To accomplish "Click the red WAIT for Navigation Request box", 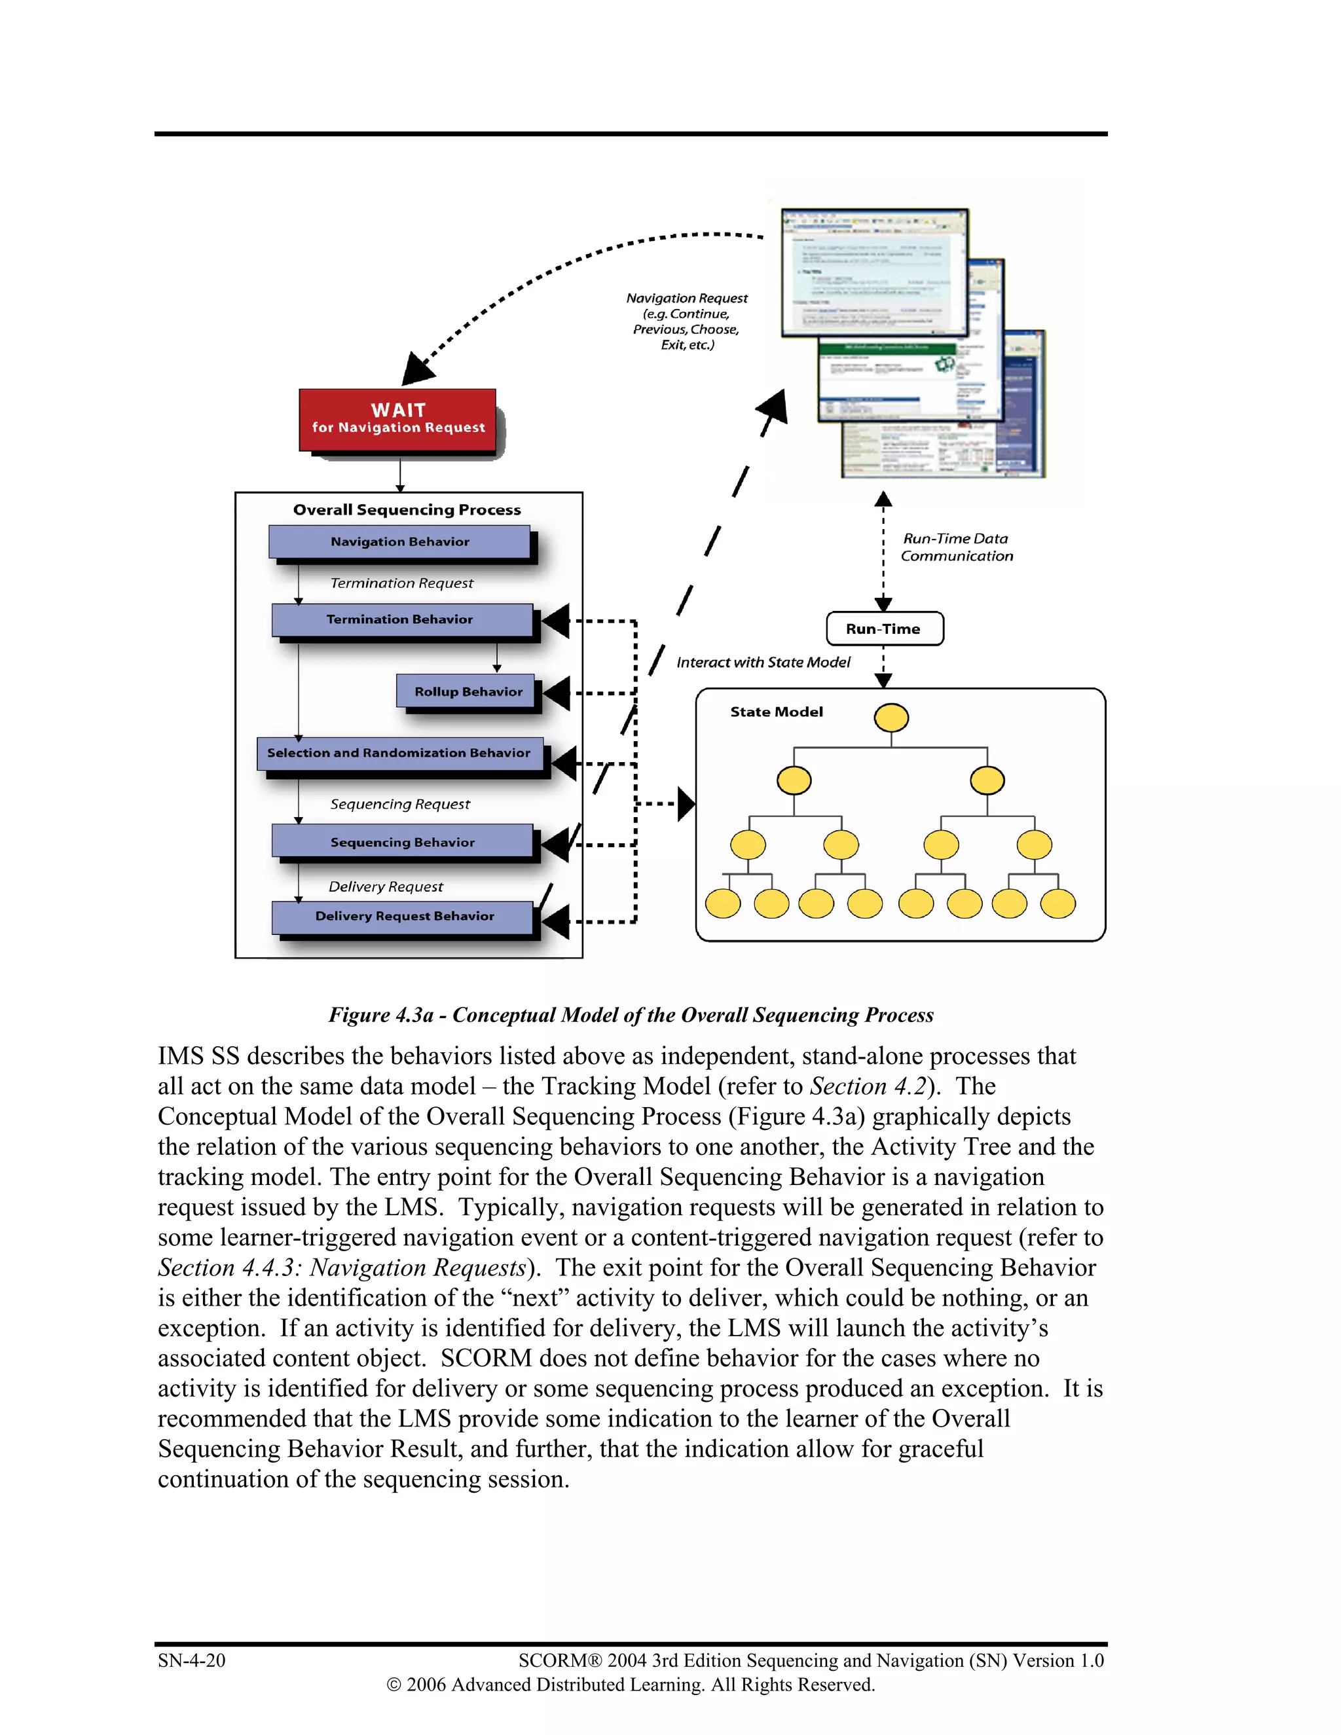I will tap(397, 420).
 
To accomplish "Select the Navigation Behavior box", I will tap(399, 542).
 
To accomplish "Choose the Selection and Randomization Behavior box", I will tap(399, 753).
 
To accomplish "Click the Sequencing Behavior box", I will tap(402, 842).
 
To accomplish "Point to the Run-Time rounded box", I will tap(884, 629).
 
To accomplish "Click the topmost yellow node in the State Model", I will tap(891, 718).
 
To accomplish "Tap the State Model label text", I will tap(776, 712).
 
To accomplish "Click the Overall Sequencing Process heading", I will tap(407, 510).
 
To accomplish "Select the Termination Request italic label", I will tap(401, 583).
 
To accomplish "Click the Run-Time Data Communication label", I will tap(956, 547).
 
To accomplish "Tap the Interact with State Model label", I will tap(763, 663).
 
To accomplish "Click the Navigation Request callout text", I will tap(686, 321).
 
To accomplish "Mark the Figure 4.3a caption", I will tap(631, 1015).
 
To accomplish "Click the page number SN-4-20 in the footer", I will tap(191, 1660).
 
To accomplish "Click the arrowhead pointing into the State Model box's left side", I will tap(686, 804).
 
